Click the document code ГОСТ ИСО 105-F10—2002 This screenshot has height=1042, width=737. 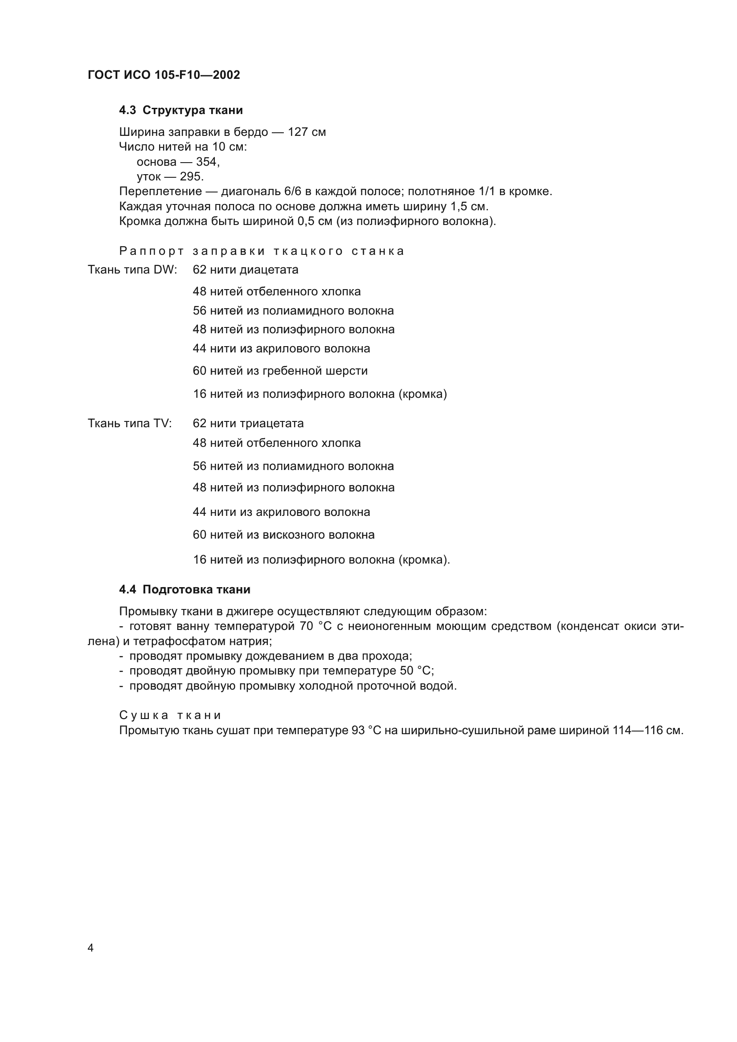(x=164, y=75)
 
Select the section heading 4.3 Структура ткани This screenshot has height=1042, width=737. (x=180, y=110)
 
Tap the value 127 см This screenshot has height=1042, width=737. (x=307, y=132)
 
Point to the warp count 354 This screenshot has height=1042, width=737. (x=207, y=162)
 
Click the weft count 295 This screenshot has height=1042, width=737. (x=191, y=176)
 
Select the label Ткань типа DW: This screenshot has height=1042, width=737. (x=132, y=270)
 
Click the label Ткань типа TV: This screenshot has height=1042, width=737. (x=130, y=423)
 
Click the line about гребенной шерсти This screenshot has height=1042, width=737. (x=280, y=371)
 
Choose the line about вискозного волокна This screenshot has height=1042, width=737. (x=284, y=535)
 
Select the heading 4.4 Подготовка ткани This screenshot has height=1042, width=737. (x=185, y=589)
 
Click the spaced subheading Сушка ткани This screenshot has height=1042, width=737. (x=170, y=715)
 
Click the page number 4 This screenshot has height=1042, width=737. (x=90, y=948)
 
